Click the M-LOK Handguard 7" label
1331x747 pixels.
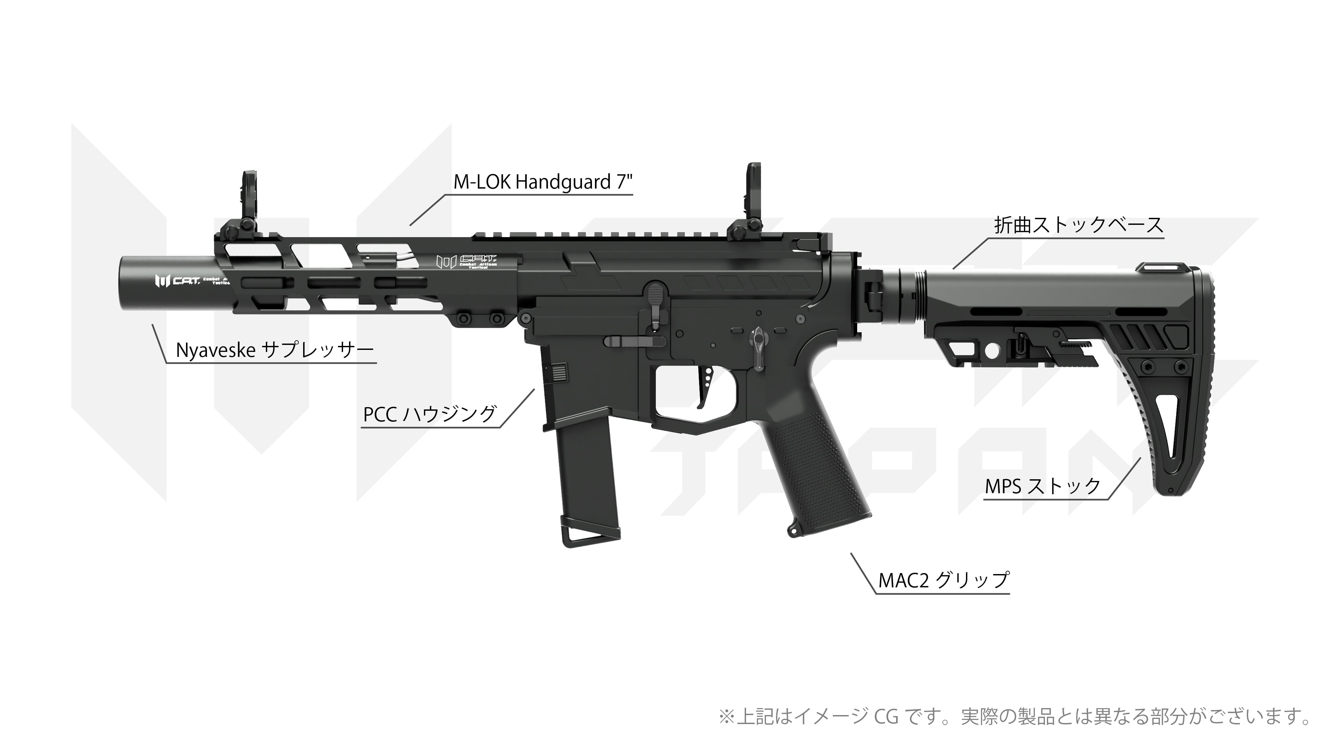[x=542, y=182]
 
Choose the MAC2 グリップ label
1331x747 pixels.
[x=943, y=580]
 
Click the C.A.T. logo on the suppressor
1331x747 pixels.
[x=176, y=281]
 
